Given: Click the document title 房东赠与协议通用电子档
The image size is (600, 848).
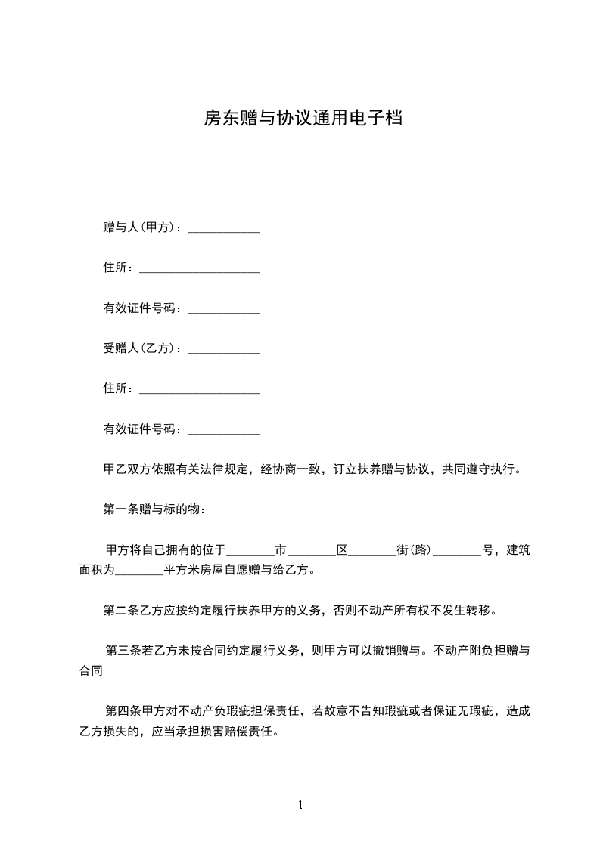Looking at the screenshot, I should tap(300, 119).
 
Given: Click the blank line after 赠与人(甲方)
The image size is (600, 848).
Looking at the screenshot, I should tap(223, 228).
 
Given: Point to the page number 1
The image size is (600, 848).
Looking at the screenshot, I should tap(300, 805).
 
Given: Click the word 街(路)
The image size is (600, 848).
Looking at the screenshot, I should tap(414, 550).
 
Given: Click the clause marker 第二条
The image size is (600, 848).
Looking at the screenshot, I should tap(121, 610).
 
